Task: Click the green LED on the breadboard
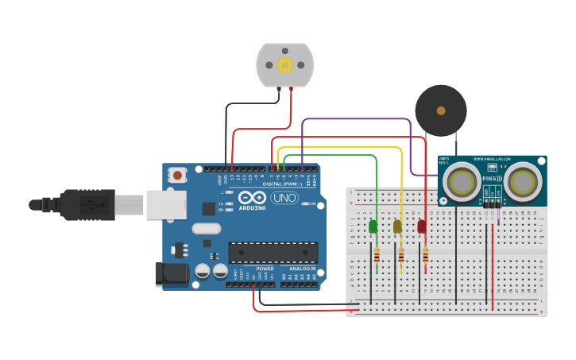(x=373, y=226)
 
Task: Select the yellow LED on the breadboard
(x=398, y=226)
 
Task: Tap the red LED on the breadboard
(x=422, y=226)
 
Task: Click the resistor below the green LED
(x=376, y=255)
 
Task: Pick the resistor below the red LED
(x=425, y=255)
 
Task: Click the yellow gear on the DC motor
(x=284, y=64)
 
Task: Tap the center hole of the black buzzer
(x=441, y=110)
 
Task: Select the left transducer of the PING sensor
(x=459, y=182)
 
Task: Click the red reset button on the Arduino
(x=178, y=175)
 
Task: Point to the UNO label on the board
(x=284, y=197)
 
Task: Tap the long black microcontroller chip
(x=273, y=253)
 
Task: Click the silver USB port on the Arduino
(x=165, y=204)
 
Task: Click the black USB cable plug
(x=87, y=204)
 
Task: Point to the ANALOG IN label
(x=302, y=269)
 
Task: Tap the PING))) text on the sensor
(x=493, y=179)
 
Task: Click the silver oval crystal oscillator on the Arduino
(x=206, y=229)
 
